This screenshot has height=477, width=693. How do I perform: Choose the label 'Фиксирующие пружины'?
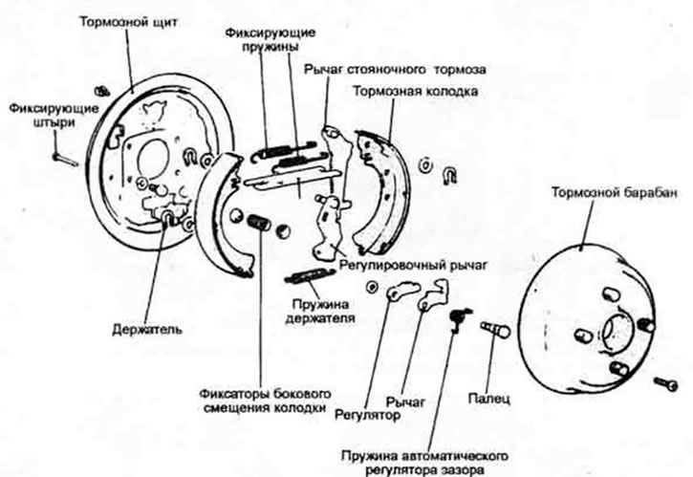[271, 39]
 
